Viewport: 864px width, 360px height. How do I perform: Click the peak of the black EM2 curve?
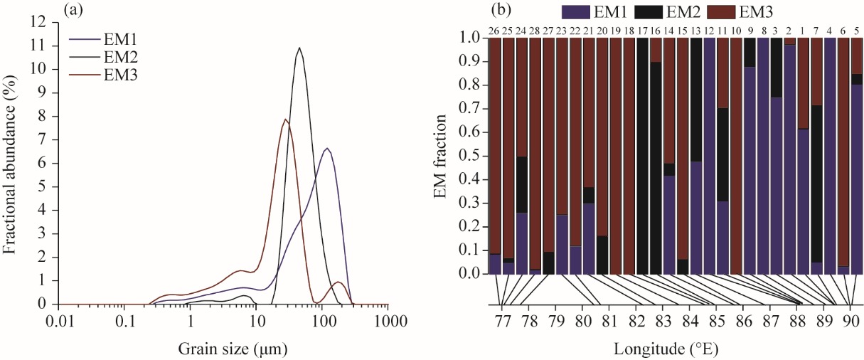pos(299,48)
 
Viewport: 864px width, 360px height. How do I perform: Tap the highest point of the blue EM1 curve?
pos(327,148)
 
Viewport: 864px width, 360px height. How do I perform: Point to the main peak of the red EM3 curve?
pos(285,119)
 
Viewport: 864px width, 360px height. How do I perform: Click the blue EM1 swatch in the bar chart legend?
pos(575,11)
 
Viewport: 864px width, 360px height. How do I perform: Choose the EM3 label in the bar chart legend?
pos(756,12)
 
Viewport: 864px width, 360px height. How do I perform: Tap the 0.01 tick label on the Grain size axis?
pos(59,322)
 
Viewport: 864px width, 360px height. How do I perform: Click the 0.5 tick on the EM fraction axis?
pos(469,157)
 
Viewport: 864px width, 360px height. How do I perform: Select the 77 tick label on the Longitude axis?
pos(502,322)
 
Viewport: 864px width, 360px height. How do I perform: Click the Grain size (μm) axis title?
pos(233,349)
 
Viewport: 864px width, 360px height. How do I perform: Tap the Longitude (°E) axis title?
pos(666,349)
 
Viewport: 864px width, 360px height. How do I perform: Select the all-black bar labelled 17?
pos(643,156)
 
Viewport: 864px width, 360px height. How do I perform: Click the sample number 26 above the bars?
pos(494,31)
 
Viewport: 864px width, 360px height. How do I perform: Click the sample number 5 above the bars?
pos(857,31)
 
